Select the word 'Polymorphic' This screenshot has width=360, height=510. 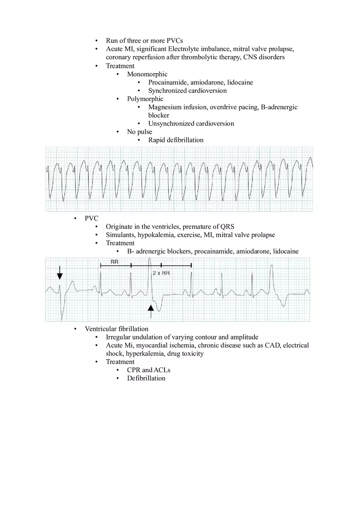click(145, 99)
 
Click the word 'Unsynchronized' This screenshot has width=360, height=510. click(171, 124)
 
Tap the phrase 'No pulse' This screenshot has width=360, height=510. click(139, 132)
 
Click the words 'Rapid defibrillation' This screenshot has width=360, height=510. click(175, 140)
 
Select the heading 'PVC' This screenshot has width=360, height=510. click(91, 218)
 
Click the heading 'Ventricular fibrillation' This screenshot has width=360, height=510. click(116, 329)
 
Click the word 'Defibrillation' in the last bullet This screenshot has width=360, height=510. click(146, 378)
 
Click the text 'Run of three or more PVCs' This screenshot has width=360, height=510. click(144, 40)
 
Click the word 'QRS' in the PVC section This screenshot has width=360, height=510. click(227, 227)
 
